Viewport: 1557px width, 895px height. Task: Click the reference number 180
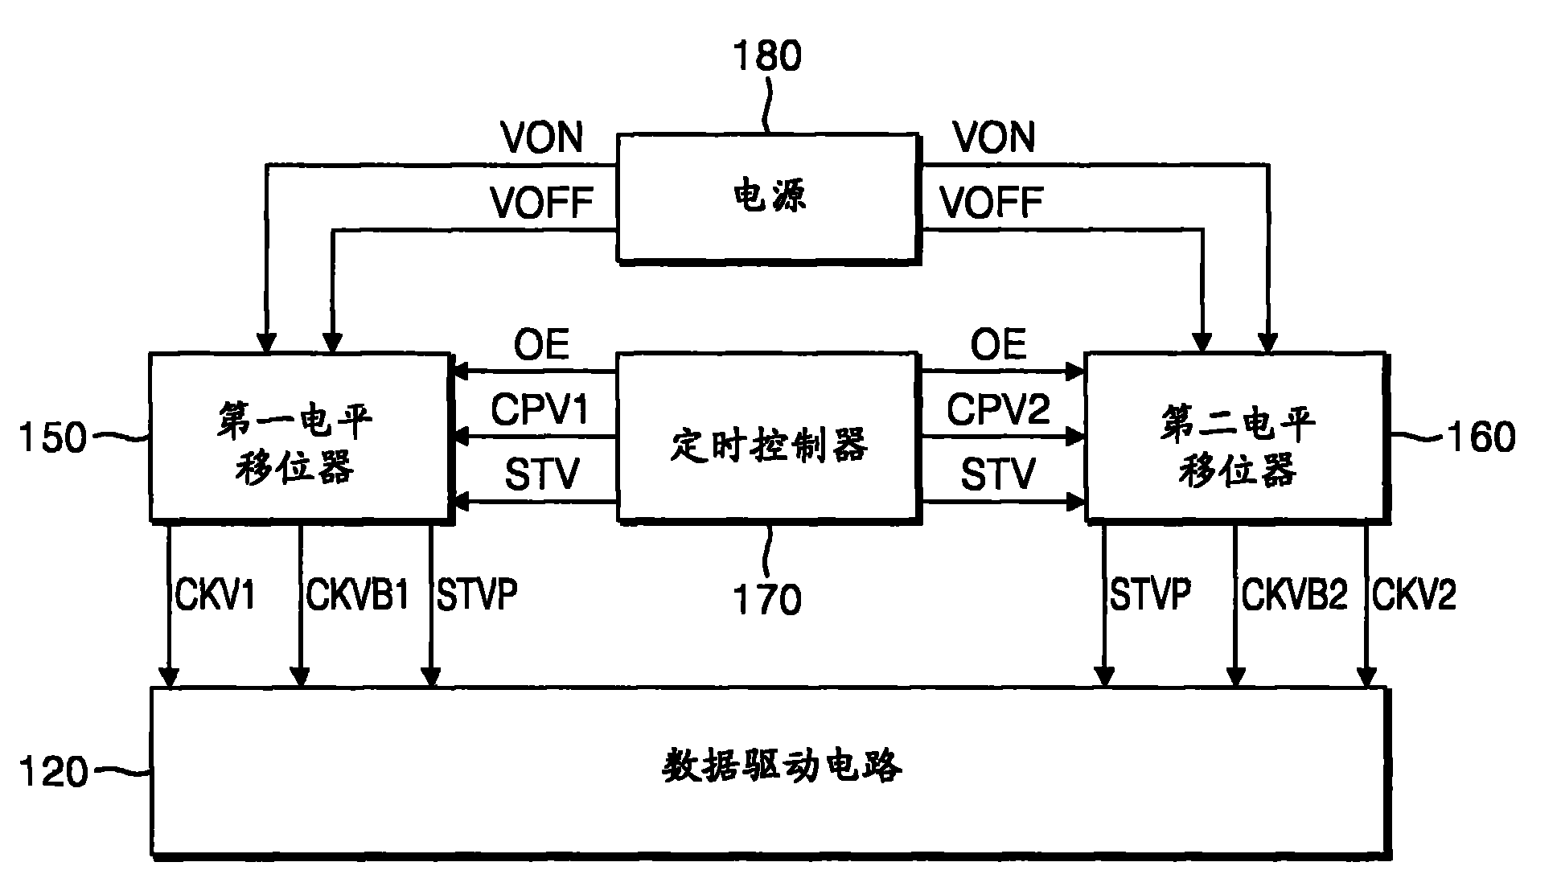pos(767,56)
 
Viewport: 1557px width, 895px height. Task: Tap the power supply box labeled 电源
pos(768,198)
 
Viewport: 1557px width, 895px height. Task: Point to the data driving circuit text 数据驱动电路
pos(782,766)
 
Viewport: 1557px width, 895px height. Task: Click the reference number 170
pos(766,600)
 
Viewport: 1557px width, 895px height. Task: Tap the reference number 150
pos(53,439)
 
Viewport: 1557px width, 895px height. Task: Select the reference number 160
pos(1481,437)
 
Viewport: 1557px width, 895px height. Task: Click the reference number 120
pos(53,772)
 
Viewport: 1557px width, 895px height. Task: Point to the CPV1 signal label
pos(540,409)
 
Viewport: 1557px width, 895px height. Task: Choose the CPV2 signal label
pos(998,409)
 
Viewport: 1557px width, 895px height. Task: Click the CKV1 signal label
pos(215,595)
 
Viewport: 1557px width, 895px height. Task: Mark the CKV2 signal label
pos(1414,595)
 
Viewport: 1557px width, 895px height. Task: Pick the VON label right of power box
pos(995,138)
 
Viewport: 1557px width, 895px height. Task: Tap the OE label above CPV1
pos(541,346)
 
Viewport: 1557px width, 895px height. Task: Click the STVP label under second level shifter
pos(1150,595)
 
